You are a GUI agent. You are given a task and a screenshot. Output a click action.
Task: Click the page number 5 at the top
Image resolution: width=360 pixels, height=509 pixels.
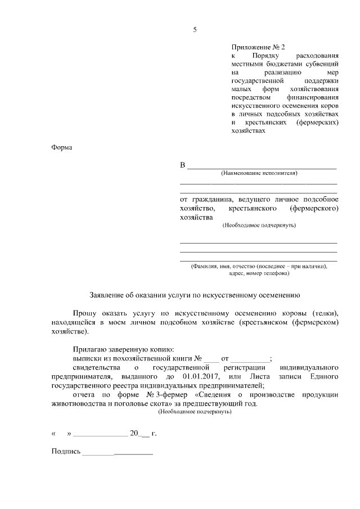(195, 30)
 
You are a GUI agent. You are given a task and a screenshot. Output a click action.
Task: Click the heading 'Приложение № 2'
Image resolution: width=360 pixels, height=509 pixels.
(254, 48)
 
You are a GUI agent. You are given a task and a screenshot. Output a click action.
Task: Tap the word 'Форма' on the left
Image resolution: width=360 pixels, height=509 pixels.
(61, 147)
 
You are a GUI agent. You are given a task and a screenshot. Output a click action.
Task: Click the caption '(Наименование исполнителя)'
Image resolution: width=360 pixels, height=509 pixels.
(259, 173)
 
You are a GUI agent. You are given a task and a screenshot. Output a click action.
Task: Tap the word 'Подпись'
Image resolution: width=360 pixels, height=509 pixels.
(66, 452)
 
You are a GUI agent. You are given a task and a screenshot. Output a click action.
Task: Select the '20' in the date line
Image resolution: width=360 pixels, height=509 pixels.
(134, 433)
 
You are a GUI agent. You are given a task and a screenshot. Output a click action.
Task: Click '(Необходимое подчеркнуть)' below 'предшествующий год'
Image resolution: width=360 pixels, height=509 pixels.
(195, 412)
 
